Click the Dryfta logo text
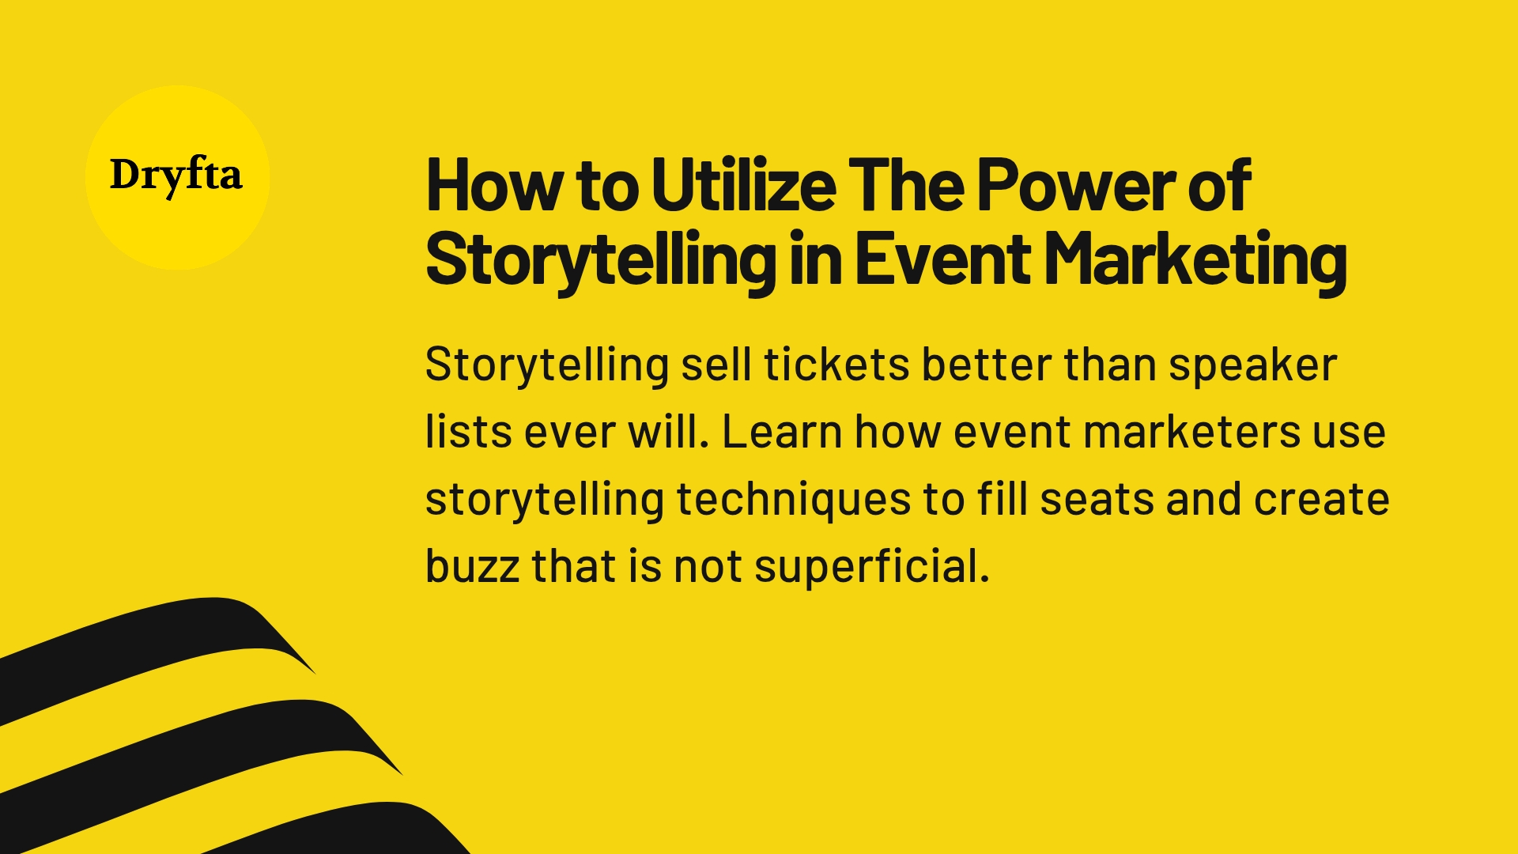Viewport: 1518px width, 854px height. [x=176, y=176]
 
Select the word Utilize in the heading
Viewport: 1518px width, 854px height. [x=744, y=187]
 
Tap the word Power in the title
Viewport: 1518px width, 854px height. [x=1075, y=187]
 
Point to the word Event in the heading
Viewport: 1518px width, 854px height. [x=942, y=259]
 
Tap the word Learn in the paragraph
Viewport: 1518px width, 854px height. [x=782, y=433]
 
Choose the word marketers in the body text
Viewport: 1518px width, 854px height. [x=1191, y=433]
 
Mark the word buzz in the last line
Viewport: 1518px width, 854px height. [x=472, y=566]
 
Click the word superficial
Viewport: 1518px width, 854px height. [x=871, y=568]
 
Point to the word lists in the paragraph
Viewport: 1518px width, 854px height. [x=464, y=433]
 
